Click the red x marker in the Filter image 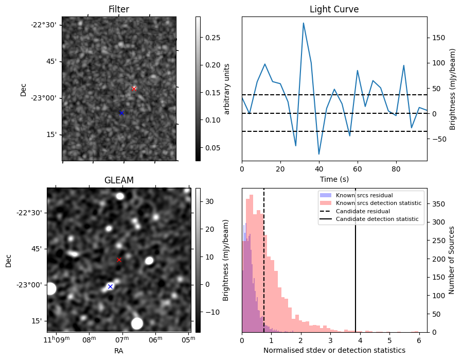tap(134, 89)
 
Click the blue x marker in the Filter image tap(121, 113)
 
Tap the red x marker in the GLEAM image tap(119, 260)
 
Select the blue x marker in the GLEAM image tap(110, 286)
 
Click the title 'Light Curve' tap(334, 9)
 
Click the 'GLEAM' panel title tap(119, 180)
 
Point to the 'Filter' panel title tap(119, 9)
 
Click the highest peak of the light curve tap(304, 23)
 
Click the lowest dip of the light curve tap(319, 154)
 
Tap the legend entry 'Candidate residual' tap(363, 211)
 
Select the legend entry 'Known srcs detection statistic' tap(378, 203)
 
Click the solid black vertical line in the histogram tap(356, 268)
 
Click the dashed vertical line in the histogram tap(264, 268)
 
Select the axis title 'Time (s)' tap(334, 178)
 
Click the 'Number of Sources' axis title tap(452, 260)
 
